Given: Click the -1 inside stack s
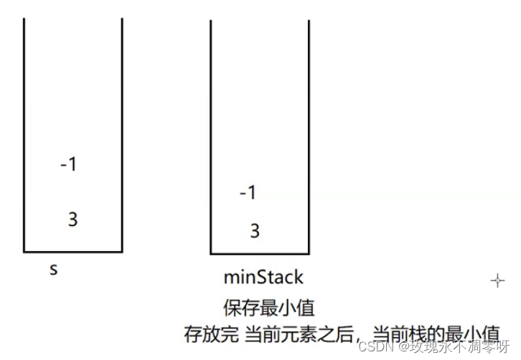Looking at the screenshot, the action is (x=69, y=164).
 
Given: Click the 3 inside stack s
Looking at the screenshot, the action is (x=72, y=219).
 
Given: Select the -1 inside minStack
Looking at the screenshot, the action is (x=248, y=193).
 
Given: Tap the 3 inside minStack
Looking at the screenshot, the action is (x=254, y=232).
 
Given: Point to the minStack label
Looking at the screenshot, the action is (x=263, y=278).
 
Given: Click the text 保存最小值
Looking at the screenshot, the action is (x=268, y=308).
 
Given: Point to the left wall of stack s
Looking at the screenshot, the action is (x=24, y=136).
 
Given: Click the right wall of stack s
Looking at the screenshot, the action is (x=122, y=136).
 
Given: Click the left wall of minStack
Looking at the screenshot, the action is (x=211, y=136).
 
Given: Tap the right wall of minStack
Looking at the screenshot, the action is (x=309, y=136).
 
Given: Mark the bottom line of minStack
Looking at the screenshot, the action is (x=260, y=254).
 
